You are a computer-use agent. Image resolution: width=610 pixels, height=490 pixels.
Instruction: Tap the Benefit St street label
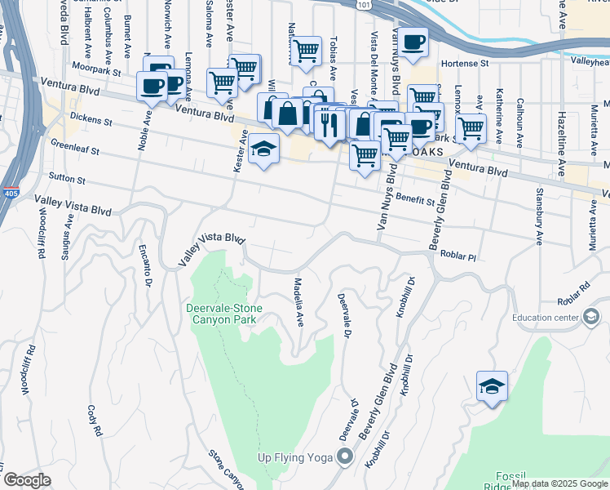click(414, 199)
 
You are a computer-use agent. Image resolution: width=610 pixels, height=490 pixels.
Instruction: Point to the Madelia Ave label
click(298, 300)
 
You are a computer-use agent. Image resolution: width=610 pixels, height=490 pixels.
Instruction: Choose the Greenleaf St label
click(74, 150)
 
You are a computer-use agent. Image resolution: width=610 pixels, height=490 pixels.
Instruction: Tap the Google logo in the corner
click(27, 480)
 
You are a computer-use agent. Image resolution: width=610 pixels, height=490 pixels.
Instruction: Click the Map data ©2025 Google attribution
click(559, 484)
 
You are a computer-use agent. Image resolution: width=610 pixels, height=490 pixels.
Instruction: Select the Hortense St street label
click(464, 62)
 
